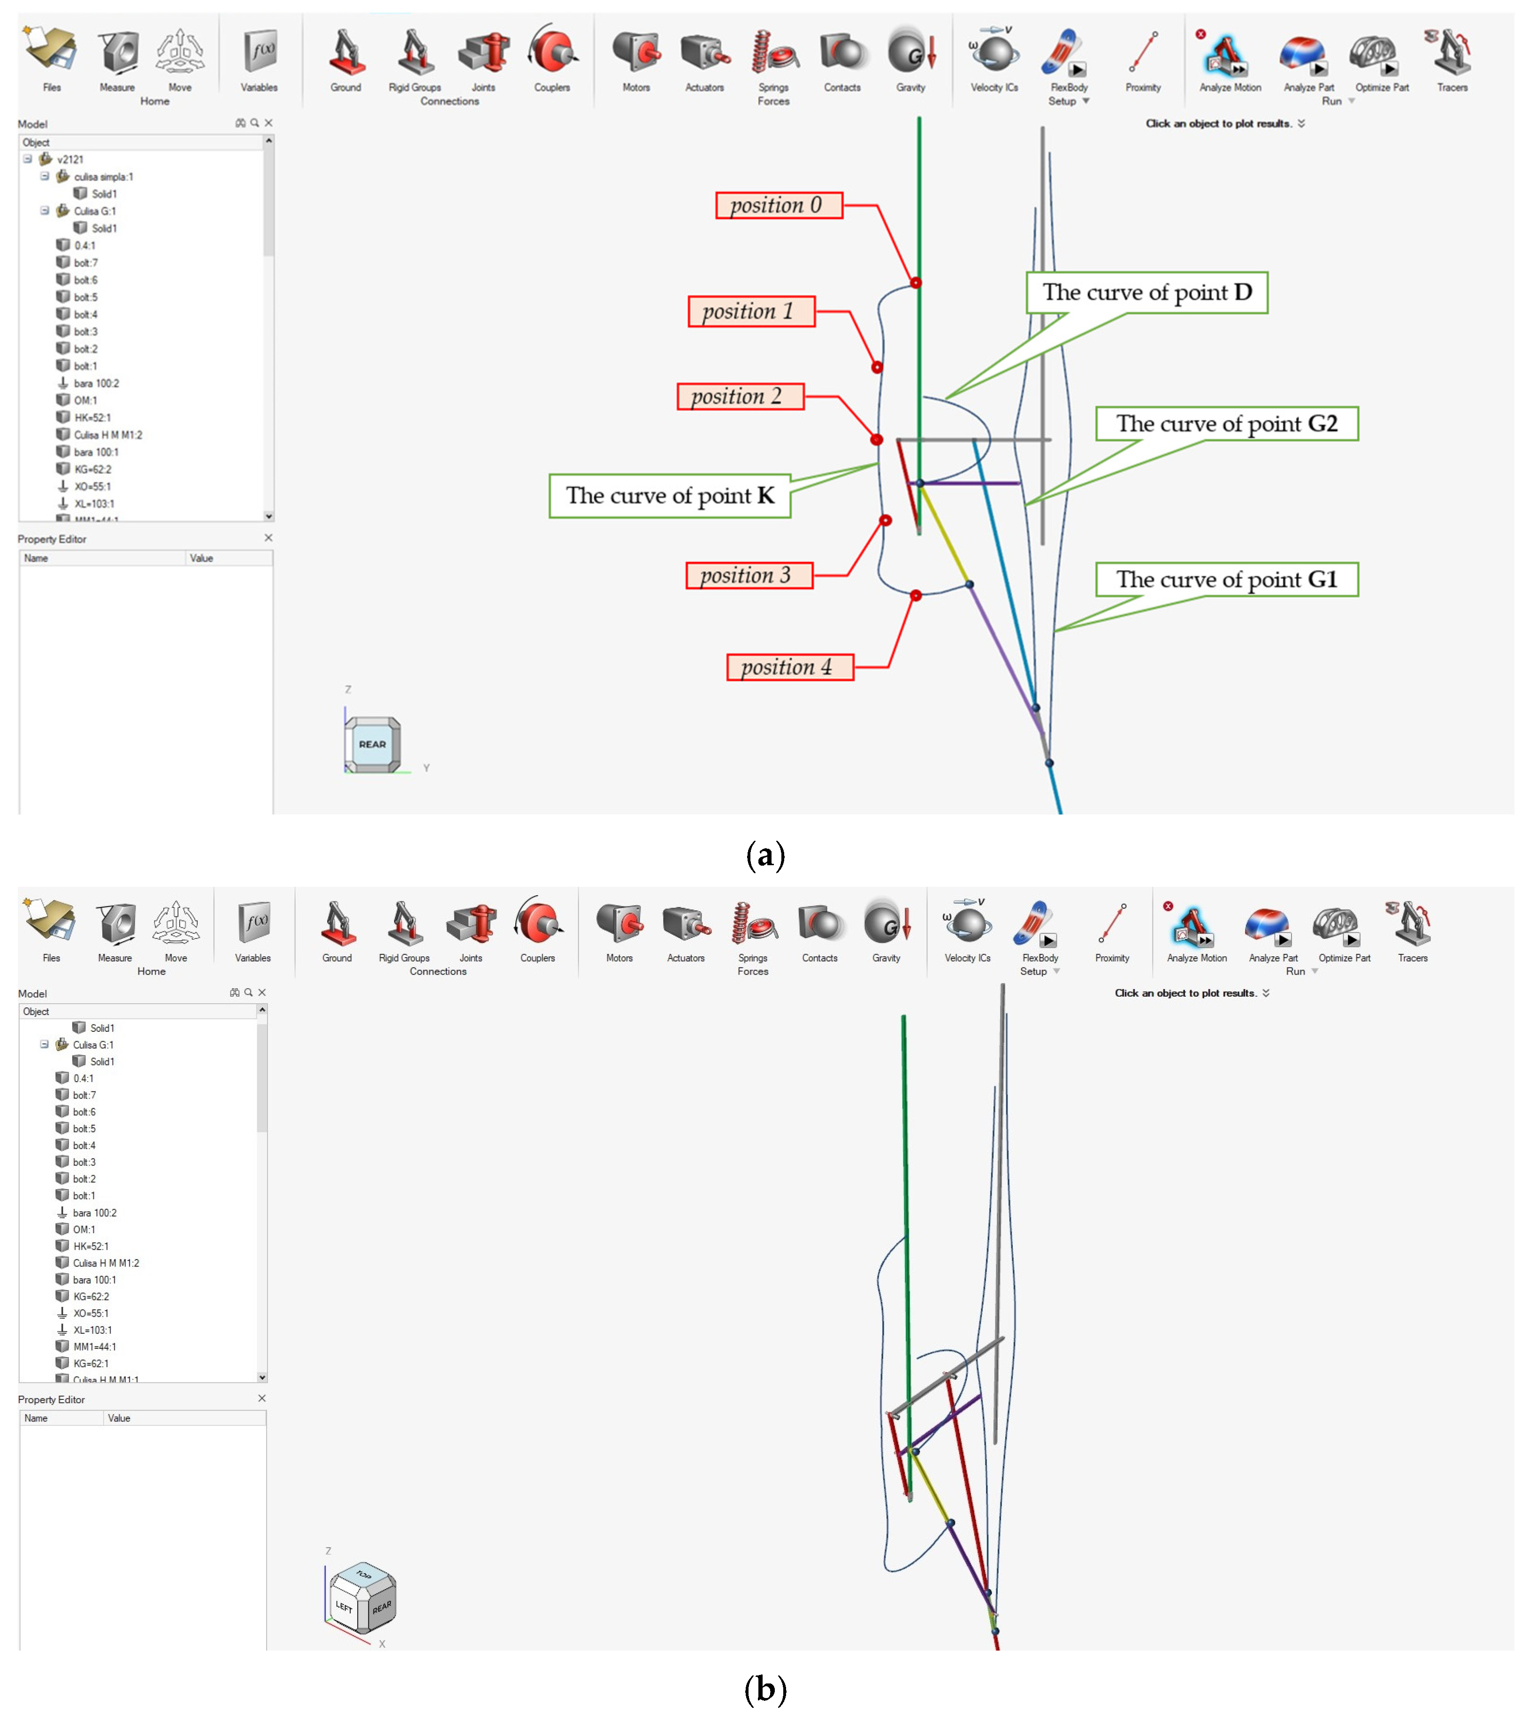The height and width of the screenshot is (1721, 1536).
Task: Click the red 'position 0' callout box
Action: [778, 205]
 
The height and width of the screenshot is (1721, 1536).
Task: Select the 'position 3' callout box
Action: [749, 576]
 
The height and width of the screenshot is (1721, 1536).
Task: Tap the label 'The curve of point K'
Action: [669, 495]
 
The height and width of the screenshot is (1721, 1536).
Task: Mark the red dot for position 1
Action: [877, 367]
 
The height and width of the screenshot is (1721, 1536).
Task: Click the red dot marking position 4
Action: [916, 596]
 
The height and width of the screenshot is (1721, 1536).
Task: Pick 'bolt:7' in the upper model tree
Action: [85, 262]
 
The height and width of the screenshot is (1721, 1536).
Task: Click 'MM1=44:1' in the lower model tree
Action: [94, 1346]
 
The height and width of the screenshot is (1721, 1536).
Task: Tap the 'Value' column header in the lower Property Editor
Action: [119, 1418]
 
